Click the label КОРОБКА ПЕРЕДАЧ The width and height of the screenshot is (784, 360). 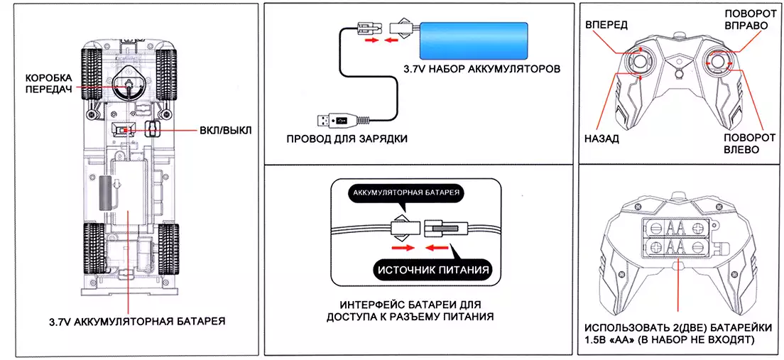(50, 84)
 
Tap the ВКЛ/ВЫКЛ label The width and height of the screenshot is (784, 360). (222, 131)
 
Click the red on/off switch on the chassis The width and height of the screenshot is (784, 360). (124, 130)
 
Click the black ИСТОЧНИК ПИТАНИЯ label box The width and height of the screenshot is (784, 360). (432, 269)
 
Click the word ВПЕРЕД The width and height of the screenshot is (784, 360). (606, 26)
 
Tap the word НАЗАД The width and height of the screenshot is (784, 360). (601, 138)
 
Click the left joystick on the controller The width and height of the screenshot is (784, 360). (641, 64)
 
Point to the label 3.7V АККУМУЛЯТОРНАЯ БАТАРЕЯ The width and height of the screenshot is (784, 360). (128, 321)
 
